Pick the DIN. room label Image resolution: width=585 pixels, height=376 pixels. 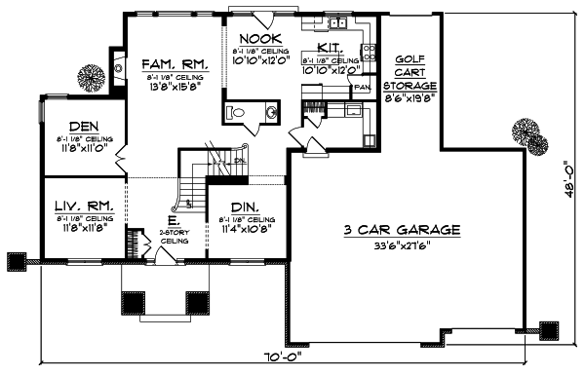click(x=240, y=207)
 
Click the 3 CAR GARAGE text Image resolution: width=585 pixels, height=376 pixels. click(x=402, y=230)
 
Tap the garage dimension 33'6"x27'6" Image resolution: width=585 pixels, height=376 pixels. click(x=403, y=244)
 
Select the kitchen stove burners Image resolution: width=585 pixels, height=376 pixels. click(x=369, y=56)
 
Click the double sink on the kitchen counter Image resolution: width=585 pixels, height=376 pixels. click(x=337, y=21)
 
